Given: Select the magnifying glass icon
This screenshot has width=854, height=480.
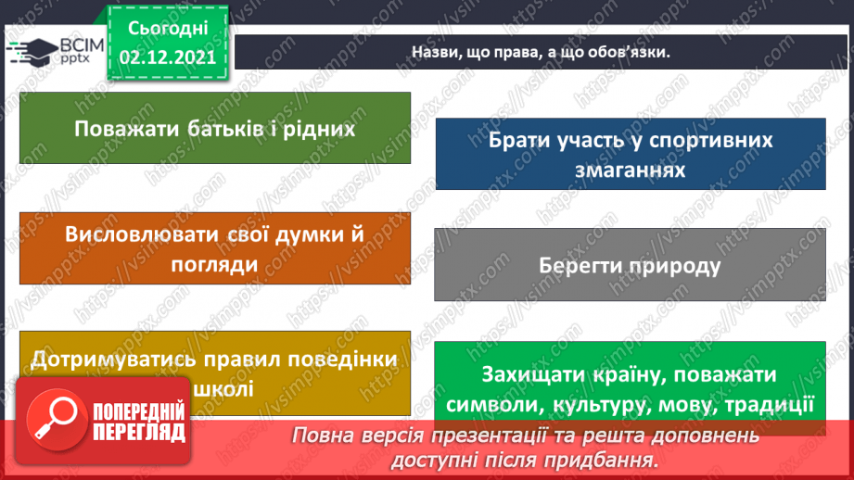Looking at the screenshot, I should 57,414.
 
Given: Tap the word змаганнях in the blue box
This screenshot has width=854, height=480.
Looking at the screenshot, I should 630,170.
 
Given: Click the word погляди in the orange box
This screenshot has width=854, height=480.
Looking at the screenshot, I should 214,263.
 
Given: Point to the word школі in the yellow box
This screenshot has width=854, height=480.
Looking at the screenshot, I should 225,388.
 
